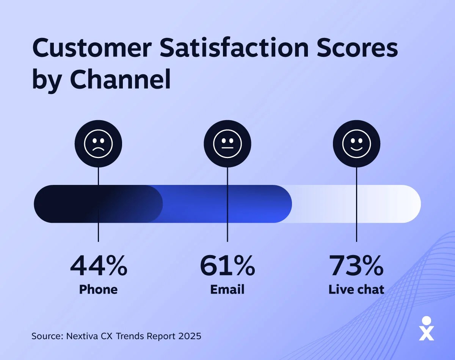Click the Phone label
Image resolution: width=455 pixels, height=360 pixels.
click(99, 290)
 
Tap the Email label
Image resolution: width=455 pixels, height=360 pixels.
click(227, 290)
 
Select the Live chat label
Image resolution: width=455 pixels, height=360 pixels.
click(356, 290)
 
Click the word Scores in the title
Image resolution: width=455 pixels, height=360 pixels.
click(360, 49)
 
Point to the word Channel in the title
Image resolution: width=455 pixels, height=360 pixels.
click(120, 80)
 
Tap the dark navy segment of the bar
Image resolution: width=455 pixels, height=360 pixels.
click(68, 204)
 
